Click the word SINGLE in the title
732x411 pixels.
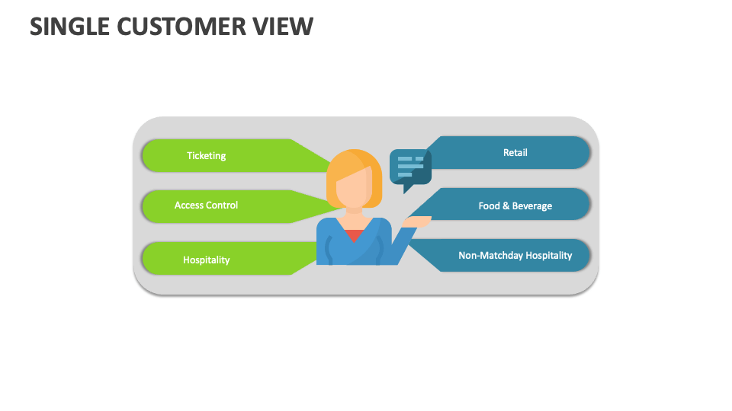(x=69, y=26)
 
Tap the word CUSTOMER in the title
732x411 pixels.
(x=181, y=26)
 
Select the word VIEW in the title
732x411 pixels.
(x=283, y=26)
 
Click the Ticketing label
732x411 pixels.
(x=207, y=155)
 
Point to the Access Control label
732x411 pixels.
(x=207, y=205)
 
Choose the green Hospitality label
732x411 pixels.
(x=207, y=260)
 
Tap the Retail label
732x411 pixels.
(x=515, y=152)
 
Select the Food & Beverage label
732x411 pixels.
(x=515, y=206)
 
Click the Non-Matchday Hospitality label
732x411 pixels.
(x=515, y=256)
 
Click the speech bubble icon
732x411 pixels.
(x=410, y=170)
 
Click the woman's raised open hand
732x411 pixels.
(x=416, y=221)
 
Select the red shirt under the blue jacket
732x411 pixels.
(x=355, y=235)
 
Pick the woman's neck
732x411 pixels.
(x=354, y=212)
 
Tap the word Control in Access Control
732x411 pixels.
(x=223, y=205)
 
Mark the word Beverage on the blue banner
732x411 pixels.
(x=532, y=206)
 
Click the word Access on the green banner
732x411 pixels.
(x=190, y=205)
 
